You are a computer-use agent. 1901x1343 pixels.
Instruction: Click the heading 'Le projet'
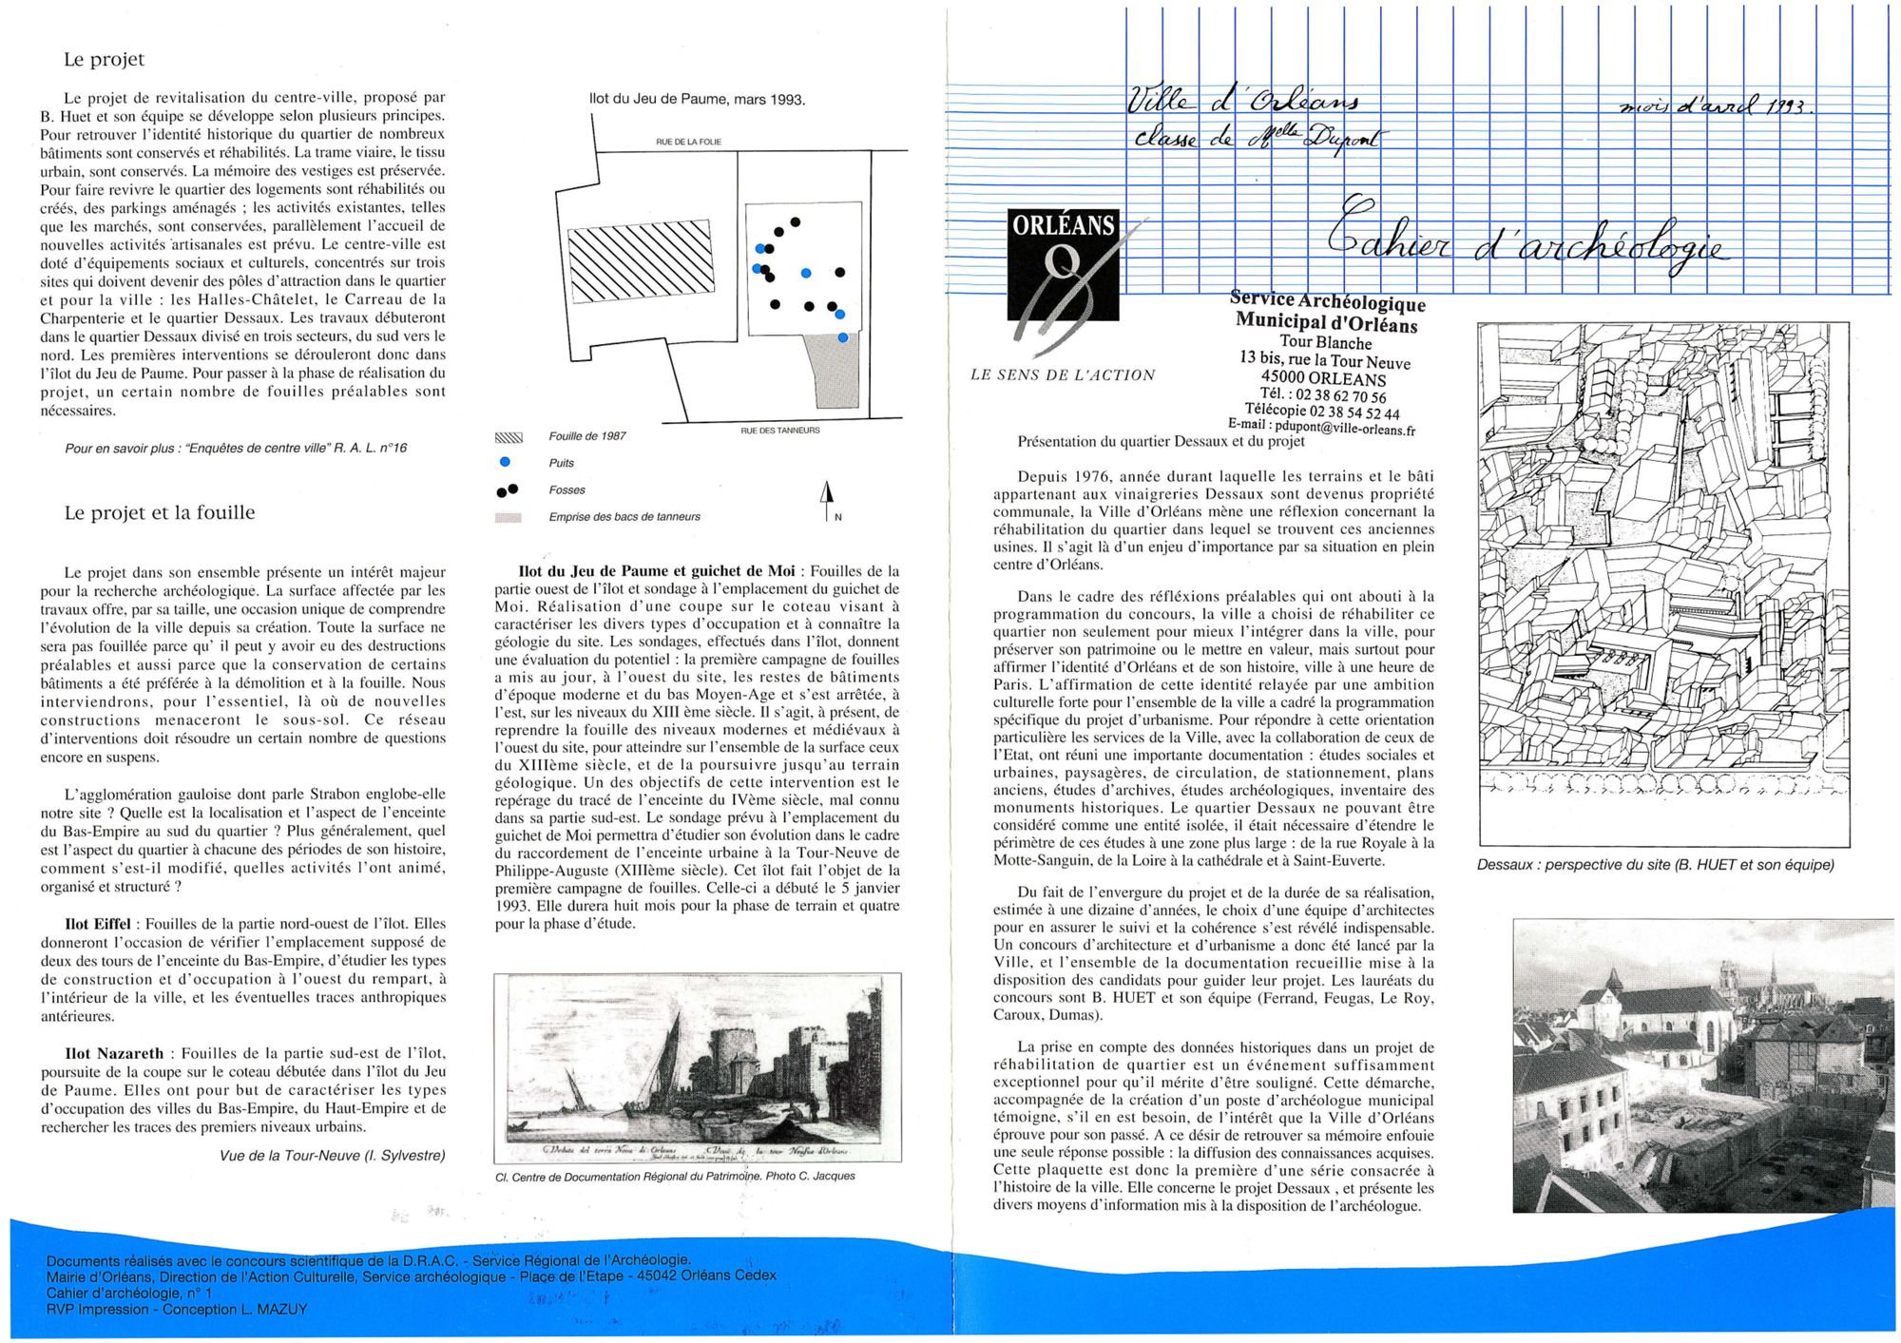pos(104,59)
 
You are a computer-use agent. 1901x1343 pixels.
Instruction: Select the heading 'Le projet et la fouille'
pos(159,512)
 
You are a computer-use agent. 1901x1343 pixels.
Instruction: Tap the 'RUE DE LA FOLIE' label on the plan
pos(688,142)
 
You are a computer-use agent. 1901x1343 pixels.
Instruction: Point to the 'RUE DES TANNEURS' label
pos(779,431)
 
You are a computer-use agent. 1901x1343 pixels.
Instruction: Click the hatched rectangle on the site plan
pos(640,261)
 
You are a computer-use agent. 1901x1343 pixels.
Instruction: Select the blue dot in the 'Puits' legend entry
pos(505,462)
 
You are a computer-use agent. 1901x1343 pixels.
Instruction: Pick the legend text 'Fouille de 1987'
pos(587,436)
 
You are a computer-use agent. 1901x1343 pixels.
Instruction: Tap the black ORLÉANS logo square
pos(1063,265)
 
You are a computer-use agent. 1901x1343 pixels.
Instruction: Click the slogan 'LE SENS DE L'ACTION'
pos(1062,375)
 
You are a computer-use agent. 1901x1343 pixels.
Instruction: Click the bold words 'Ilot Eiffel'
pos(98,924)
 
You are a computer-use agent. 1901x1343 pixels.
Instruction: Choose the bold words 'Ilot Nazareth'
pos(114,1053)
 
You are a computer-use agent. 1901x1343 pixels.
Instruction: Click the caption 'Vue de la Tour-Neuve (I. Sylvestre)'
pos(332,1156)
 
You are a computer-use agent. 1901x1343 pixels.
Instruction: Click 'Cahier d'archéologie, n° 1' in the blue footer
pos(129,1293)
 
